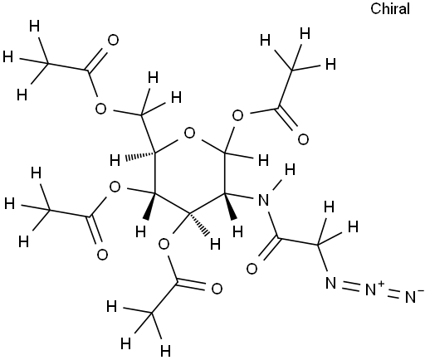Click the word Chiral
pyautogui.click(x=390, y=9)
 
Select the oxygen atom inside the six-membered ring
pyautogui.click(x=190, y=134)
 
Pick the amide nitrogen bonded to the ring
pyautogui.click(x=263, y=200)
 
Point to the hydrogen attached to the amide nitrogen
pyautogui.click(x=290, y=169)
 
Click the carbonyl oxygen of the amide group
pyautogui.click(x=252, y=269)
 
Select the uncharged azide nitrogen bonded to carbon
pyautogui.click(x=331, y=283)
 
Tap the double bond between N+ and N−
pyautogui.click(x=395, y=294)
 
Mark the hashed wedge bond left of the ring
pyautogui.click(x=139, y=156)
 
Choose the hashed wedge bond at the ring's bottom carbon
pyautogui.click(x=198, y=224)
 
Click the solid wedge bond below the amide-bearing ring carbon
pyautogui.click(x=230, y=207)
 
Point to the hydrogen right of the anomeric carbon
pyautogui.click(x=263, y=160)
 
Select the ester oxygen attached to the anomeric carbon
pyautogui.click(x=237, y=116)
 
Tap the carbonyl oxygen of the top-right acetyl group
pyautogui.click(x=303, y=139)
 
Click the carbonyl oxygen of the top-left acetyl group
pyautogui.click(x=113, y=40)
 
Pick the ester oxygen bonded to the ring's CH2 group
pyautogui.click(x=100, y=109)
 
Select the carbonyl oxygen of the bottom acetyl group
pyautogui.click(x=217, y=289)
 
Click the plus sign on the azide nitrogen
pyautogui.click(x=381, y=284)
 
